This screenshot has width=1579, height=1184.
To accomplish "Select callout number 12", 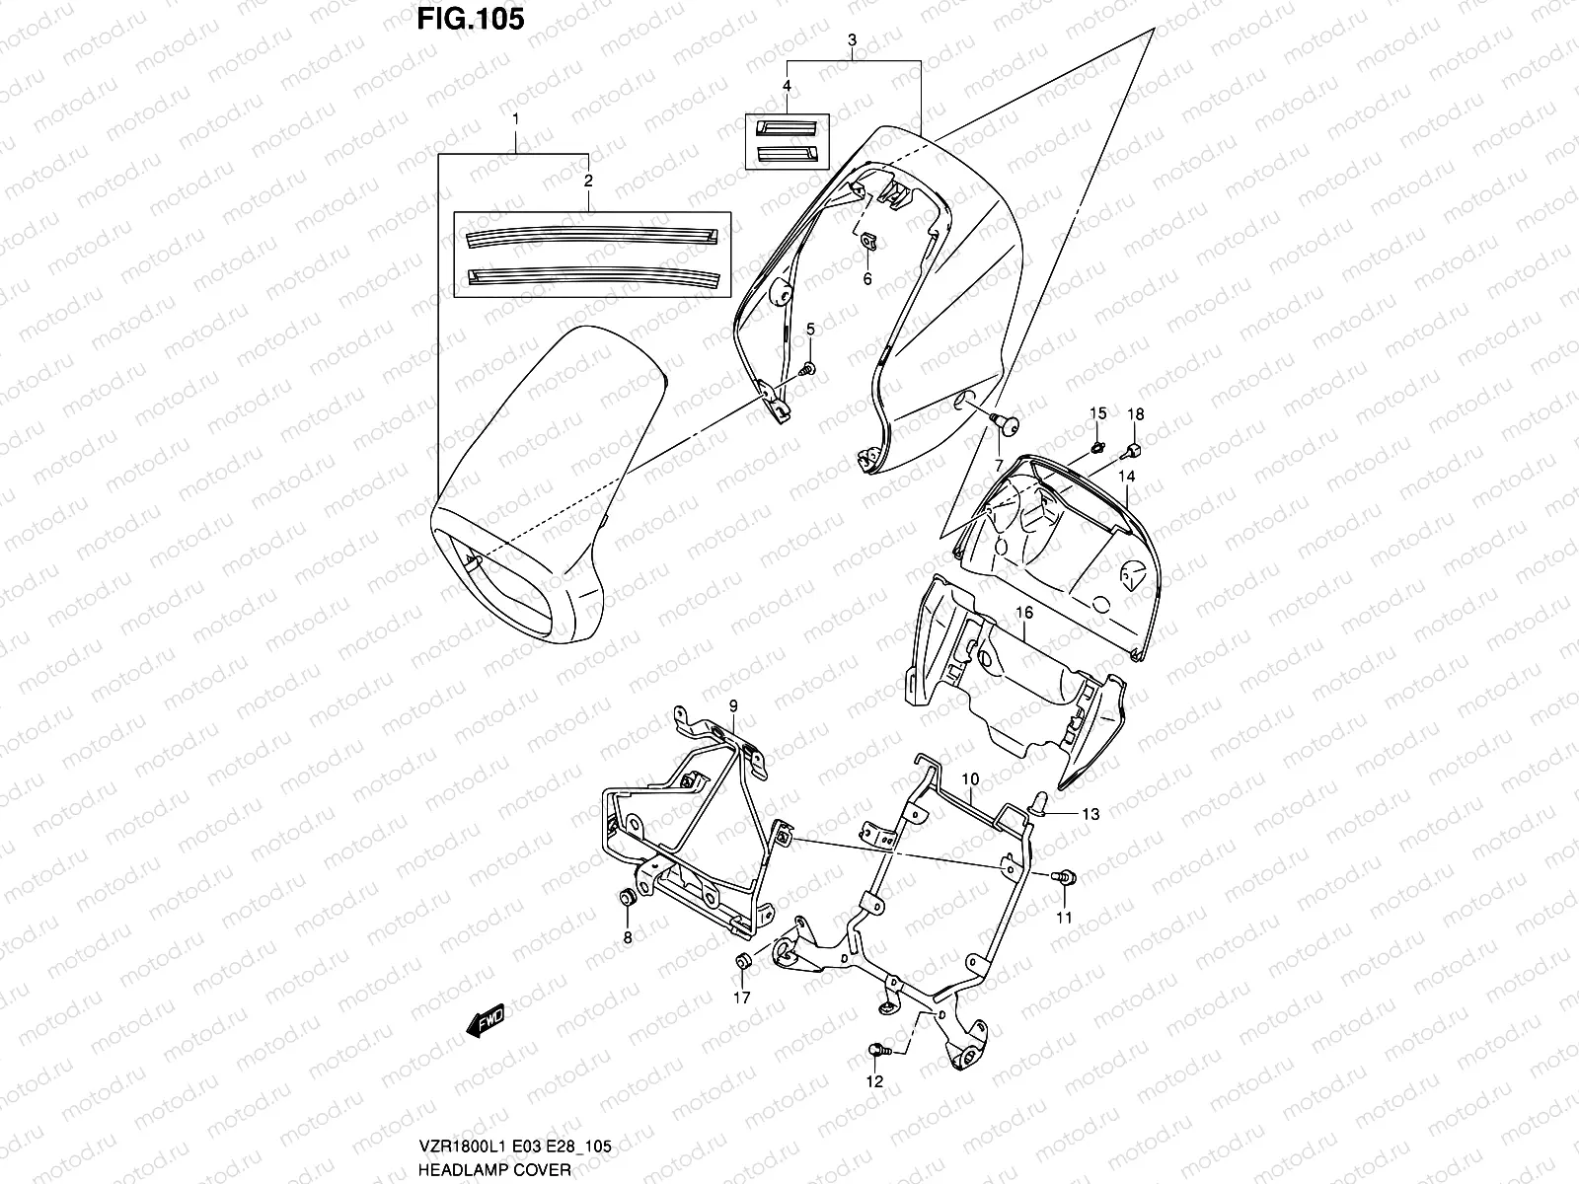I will click(x=875, y=1081).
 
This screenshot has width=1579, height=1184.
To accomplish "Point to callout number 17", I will click(x=741, y=998).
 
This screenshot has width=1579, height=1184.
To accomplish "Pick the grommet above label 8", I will click(x=625, y=898).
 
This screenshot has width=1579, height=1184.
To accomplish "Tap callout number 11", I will click(x=1064, y=918).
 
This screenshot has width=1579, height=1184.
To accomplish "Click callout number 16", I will click(x=1024, y=613).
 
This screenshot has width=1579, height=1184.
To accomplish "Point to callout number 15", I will click(x=1099, y=412).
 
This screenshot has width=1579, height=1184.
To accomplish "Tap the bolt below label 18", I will click(x=1131, y=451).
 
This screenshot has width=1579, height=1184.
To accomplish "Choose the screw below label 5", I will click(x=808, y=370).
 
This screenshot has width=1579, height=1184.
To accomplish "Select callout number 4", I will click(x=787, y=87).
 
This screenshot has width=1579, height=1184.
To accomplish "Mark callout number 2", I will click(x=589, y=181).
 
